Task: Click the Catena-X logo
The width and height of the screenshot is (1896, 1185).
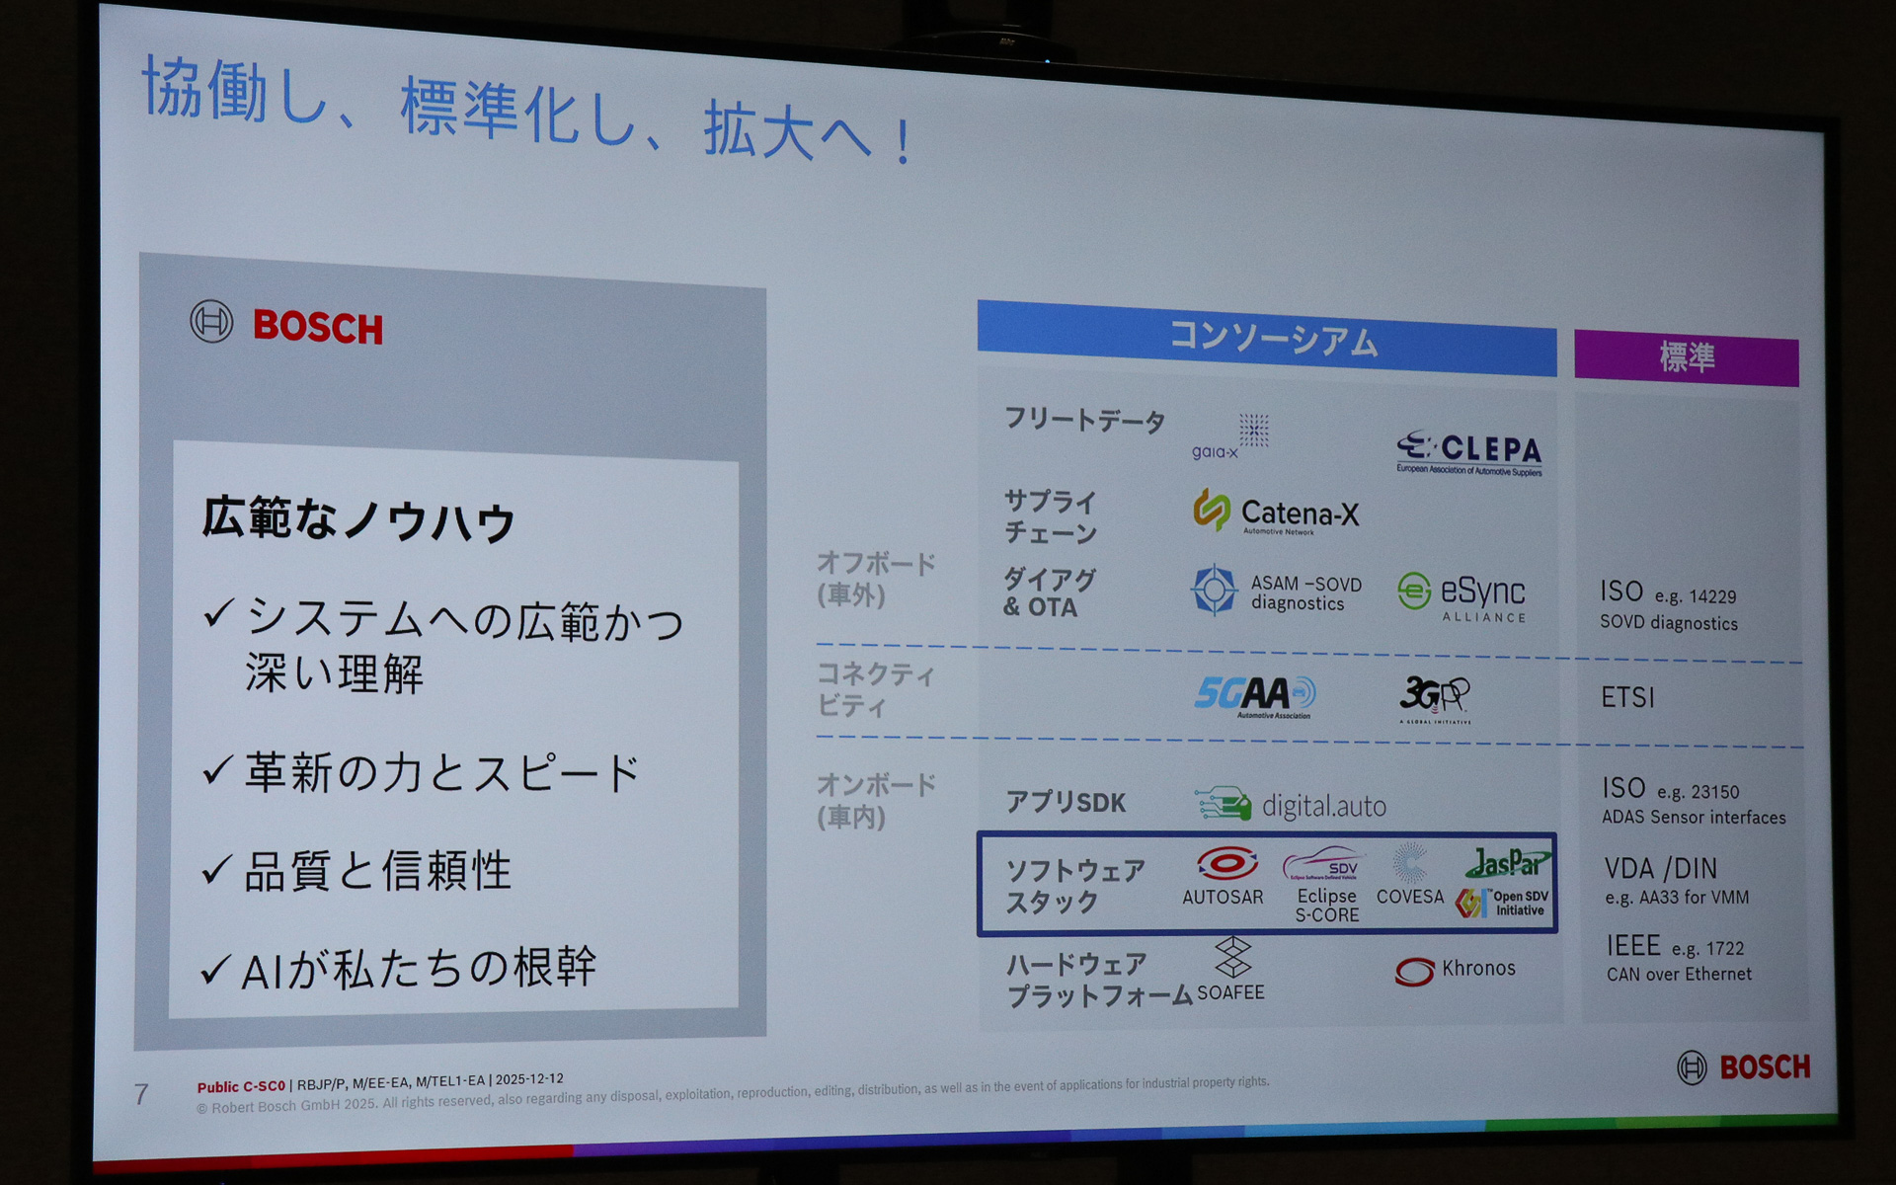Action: (1276, 512)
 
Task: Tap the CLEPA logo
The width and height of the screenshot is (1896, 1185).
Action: (1469, 453)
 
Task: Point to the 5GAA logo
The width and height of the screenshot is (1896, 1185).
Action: (1254, 695)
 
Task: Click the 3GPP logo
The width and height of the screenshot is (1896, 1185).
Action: (1435, 697)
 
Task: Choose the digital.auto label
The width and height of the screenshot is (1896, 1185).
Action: (1323, 807)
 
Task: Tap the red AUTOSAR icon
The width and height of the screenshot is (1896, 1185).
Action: (1226, 864)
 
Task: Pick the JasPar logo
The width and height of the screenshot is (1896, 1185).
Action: (1507, 863)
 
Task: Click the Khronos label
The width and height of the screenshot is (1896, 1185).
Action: (1477, 969)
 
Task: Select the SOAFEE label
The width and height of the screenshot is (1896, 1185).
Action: (1230, 992)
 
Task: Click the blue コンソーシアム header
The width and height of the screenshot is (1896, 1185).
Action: (1267, 339)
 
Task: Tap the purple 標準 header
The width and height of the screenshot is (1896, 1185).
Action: (1686, 357)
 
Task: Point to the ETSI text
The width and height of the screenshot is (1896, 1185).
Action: (1627, 698)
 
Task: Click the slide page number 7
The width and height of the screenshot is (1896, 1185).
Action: (141, 1094)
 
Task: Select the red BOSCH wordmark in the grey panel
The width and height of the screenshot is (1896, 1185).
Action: (317, 327)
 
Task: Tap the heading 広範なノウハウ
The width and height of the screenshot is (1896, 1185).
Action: (358, 519)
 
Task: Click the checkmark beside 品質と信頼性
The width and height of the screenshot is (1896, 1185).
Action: (216, 870)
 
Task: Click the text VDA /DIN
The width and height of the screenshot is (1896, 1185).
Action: (1661, 869)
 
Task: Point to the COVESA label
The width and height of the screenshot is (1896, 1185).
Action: (1409, 897)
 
